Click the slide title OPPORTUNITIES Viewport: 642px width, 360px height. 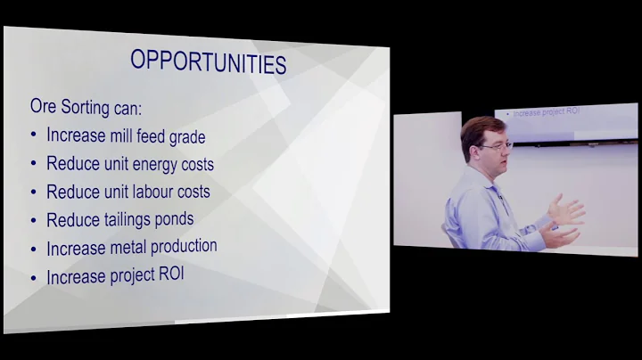click(209, 61)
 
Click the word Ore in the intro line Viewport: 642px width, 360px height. click(45, 107)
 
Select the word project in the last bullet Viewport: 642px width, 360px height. click(130, 276)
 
